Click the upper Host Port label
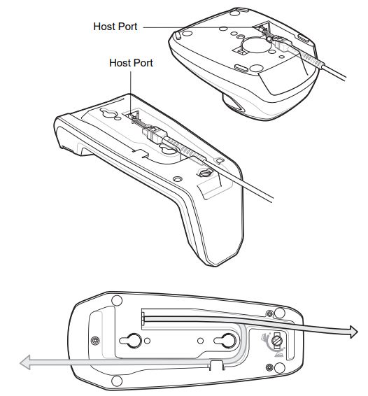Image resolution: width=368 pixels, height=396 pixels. pos(115,27)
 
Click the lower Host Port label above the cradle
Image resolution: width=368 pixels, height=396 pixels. pos(131,63)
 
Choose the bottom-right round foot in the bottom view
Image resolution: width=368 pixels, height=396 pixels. pos(269,367)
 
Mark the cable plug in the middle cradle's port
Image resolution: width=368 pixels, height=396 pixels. pos(152,130)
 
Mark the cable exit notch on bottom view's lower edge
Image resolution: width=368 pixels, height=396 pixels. pos(215,365)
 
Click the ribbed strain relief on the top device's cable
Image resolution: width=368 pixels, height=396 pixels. pos(313,63)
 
